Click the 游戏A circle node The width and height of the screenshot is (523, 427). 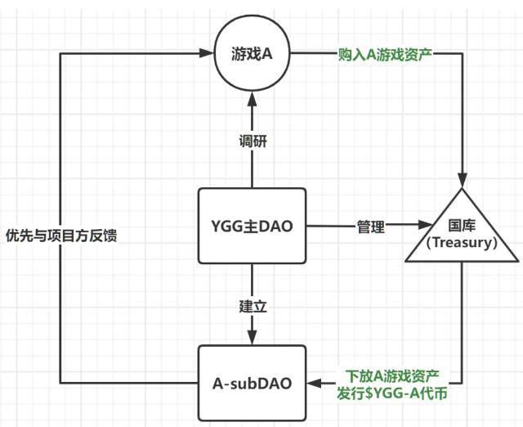[x=253, y=55]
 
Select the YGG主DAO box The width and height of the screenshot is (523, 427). [x=253, y=225]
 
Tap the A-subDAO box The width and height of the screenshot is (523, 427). [x=253, y=382]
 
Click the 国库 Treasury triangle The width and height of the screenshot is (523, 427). [x=463, y=232]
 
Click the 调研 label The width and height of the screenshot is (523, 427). [x=253, y=141]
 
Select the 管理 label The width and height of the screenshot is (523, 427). [x=370, y=227]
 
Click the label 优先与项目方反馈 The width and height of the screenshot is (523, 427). [x=62, y=232]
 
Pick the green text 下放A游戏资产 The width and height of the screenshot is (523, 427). [x=392, y=375]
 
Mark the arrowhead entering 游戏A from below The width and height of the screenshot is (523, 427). [x=253, y=97]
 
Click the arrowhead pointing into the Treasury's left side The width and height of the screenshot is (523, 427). [x=425, y=224]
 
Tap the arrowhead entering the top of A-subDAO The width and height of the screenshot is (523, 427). [x=253, y=339]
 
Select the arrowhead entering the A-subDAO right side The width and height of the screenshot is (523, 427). [x=314, y=383]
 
